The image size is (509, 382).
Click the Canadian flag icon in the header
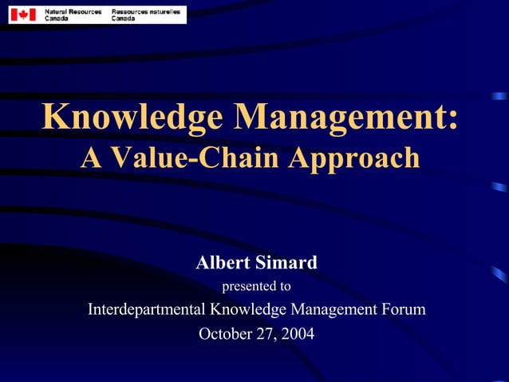pyautogui.click(x=22, y=14)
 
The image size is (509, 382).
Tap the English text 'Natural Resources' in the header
pyautogui.click(x=72, y=10)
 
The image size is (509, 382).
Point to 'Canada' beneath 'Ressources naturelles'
pyautogui.click(x=124, y=18)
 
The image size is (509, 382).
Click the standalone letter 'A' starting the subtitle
pyautogui.click(x=90, y=157)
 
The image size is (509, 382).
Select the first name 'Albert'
pyautogui.click(x=223, y=262)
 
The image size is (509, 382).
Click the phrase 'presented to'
pyautogui.click(x=255, y=285)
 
